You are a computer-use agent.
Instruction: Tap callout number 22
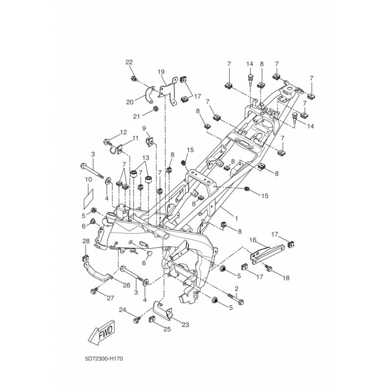(x=129, y=62)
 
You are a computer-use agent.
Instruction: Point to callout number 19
(x=161, y=72)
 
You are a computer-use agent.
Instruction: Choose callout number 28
(x=86, y=241)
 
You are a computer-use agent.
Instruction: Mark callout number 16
(x=253, y=240)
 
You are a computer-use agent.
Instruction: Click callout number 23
(x=185, y=325)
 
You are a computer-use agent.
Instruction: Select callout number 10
(x=88, y=179)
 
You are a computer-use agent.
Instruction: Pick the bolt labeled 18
(x=269, y=268)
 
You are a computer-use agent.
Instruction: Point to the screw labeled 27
(x=95, y=291)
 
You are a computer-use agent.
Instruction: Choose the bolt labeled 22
(x=133, y=79)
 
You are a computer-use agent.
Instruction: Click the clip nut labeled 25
(x=152, y=320)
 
